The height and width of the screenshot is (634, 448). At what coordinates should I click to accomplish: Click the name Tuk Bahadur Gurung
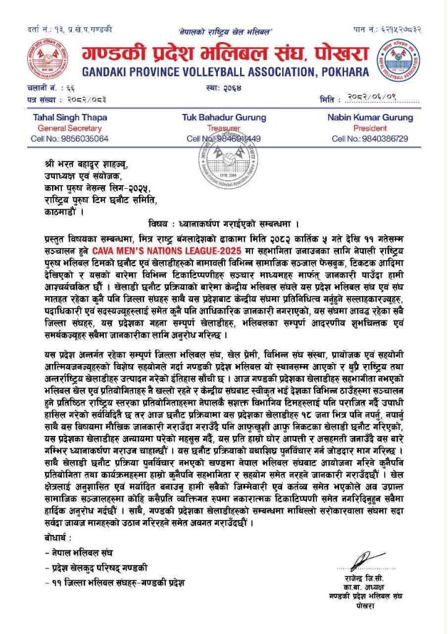point(224,117)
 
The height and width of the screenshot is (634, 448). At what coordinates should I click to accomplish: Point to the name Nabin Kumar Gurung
point(370,117)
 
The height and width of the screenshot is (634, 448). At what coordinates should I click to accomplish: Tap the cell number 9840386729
point(370,139)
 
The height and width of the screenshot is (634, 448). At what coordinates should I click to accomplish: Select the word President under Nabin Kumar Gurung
point(370,128)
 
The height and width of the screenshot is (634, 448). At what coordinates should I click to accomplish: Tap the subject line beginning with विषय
point(224,224)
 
